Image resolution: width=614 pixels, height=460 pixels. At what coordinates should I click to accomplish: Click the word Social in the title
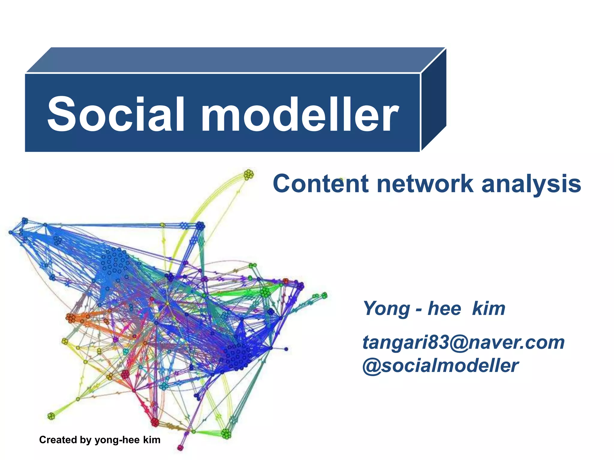tap(116, 114)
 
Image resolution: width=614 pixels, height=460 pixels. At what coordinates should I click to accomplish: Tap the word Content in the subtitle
tap(320, 184)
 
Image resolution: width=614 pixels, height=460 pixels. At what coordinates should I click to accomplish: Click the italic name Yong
tap(386, 308)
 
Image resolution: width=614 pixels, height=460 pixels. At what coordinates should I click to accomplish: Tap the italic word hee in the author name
tap(444, 308)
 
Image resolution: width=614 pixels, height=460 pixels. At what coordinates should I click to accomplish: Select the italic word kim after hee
tap(489, 308)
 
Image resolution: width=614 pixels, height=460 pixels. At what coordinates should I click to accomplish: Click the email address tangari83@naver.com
tap(463, 342)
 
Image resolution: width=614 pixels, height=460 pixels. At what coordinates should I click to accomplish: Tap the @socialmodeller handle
tap(440, 366)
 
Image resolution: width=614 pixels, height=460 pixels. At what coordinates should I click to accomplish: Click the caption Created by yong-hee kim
tap(100, 440)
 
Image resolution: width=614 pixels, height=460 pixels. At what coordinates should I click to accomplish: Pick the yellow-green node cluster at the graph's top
tap(249, 174)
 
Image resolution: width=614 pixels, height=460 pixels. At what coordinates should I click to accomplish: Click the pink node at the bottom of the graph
tap(180, 448)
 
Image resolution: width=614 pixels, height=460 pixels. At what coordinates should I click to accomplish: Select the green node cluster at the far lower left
tap(51, 416)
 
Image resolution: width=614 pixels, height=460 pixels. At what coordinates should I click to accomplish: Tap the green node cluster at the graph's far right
tap(324, 296)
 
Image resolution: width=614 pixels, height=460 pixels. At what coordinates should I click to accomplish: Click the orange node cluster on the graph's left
tap(71, 318)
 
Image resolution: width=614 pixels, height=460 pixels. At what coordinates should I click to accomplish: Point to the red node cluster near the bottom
tap(155, 422)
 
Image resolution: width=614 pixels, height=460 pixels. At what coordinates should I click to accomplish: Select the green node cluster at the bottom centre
tap(226, 433)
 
